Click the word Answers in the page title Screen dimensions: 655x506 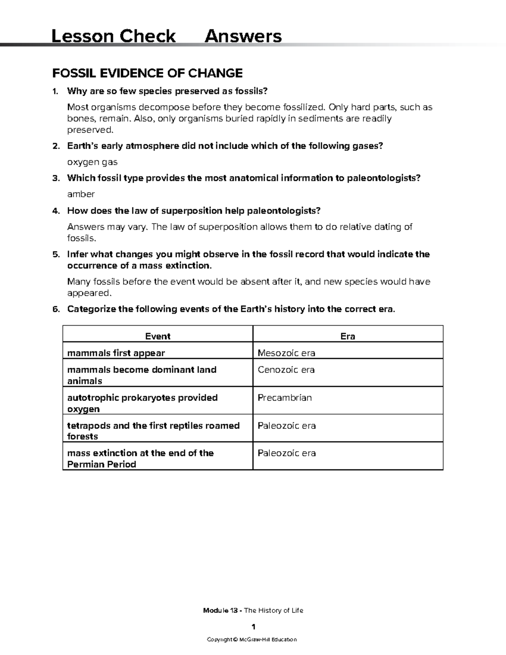(x=243, y=36)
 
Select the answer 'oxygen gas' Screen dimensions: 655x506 (x=92, y=162)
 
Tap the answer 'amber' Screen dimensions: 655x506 (x=81, y=194)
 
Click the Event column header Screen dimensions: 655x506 (x=157, y=336)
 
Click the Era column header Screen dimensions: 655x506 (x=347, y=336)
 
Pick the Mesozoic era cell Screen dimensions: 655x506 (x=286, y=353)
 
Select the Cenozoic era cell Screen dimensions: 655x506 (x=286, y=370)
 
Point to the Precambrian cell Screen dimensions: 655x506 (x=285, y=398)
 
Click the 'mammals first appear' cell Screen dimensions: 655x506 (x=116, y=353)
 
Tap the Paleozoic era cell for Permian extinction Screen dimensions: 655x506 (x=287, y=453)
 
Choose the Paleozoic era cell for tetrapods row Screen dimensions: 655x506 (x=287, y=426)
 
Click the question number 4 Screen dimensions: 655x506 (x=55, y=210)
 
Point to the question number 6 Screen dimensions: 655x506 (x=55, y=309)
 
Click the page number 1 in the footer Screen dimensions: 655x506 (x=253, y=626)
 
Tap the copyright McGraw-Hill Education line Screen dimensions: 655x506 (x=252, y=639)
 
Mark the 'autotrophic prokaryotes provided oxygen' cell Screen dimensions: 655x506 (x=142, y=403)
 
